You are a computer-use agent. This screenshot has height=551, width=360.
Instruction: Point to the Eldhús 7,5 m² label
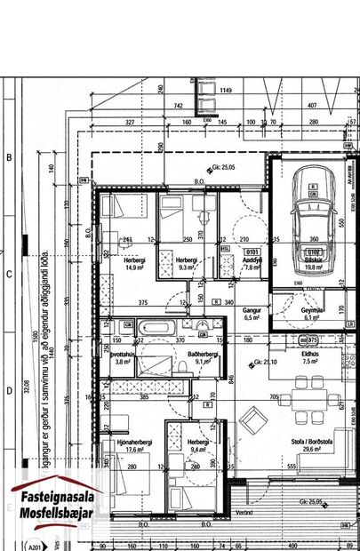coord(310,358)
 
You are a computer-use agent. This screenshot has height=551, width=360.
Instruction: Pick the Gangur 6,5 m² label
coord(252,312)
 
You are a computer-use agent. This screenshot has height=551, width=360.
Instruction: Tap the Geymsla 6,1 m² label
coord(310,312)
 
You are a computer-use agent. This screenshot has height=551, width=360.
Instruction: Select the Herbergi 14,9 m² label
coord(135,262)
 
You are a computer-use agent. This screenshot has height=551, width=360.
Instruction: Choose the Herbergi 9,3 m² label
coord(187,262)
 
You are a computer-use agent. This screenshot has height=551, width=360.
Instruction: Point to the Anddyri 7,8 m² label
coord(252,262)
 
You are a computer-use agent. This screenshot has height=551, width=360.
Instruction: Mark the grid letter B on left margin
coord(9,157)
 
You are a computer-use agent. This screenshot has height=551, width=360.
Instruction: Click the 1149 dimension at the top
coord(226,90)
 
